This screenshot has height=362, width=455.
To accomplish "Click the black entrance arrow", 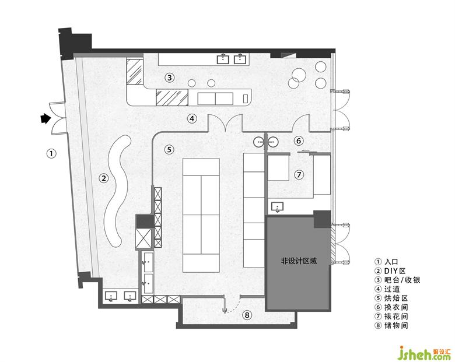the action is point(45,118).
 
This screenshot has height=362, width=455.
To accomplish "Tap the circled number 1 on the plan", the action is point(51,153).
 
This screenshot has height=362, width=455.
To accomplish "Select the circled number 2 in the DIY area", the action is point(104,178).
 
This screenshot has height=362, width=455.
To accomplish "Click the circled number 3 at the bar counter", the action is point(170,78).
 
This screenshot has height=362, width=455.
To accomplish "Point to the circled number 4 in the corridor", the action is point(192,118).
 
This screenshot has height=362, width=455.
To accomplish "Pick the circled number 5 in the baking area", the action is point(169,150).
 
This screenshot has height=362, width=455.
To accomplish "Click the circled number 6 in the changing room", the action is point(299,141).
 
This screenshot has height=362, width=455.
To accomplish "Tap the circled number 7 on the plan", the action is point(299,175).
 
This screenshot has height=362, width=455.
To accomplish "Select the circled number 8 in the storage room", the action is point(247,315).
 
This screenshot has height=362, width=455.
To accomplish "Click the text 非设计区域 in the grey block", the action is point(299,261).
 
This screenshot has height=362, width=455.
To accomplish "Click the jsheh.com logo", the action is point(425,353).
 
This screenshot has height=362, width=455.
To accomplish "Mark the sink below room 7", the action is point(278,207).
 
